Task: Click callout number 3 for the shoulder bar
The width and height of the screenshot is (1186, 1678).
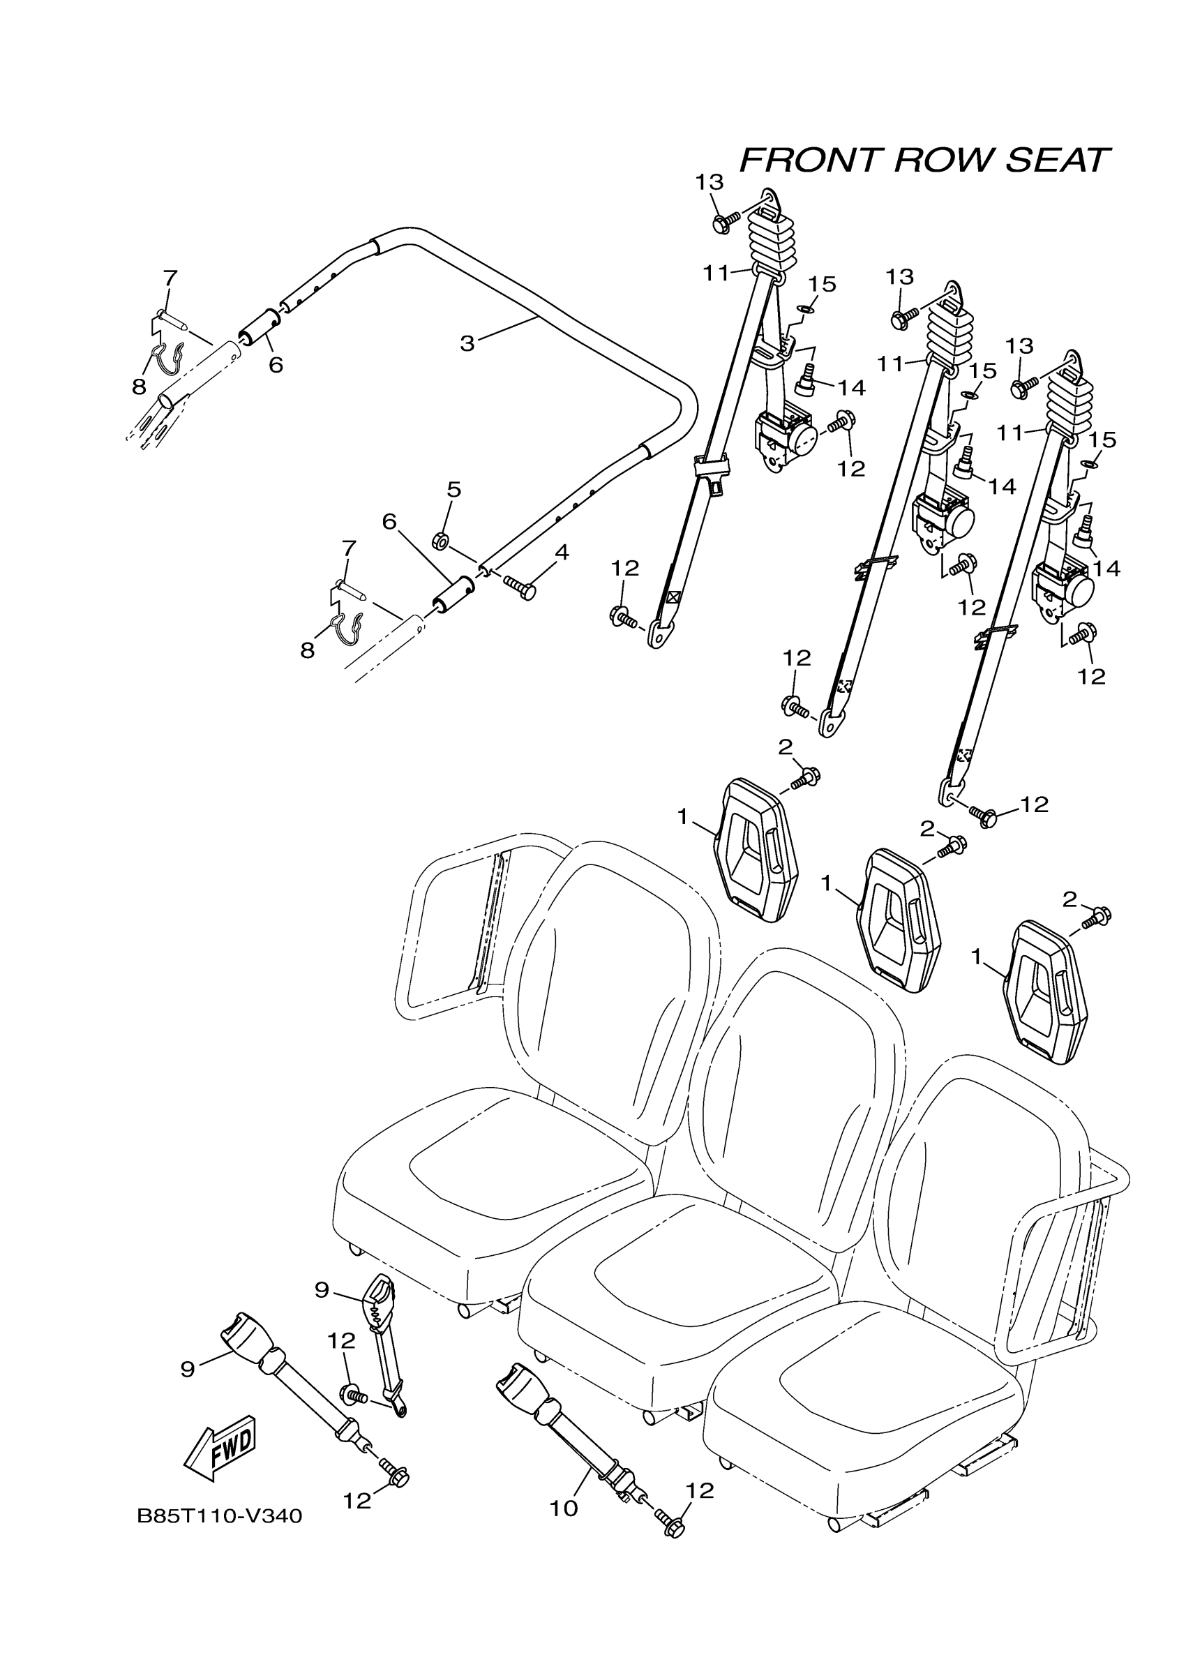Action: click(467, 343)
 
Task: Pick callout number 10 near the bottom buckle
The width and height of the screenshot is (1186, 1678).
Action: click(564, 1508)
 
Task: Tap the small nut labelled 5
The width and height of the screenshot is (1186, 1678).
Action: click(441, 541)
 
